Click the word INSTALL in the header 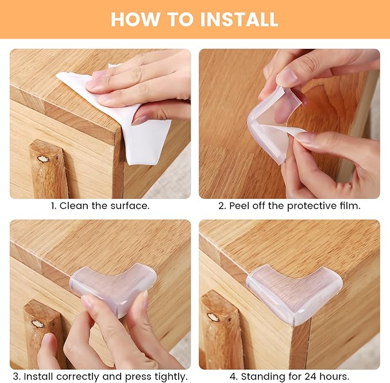pos(239,19)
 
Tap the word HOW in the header pos(136,19)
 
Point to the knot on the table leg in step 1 pos(43,159)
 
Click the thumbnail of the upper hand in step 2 pos(287,76)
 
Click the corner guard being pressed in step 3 pos(113,286)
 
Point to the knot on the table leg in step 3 pos(38,324)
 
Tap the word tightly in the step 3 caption pos(171,377)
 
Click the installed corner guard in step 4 pos(294,293)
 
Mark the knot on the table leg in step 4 pos(213,317)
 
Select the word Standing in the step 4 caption pos(263,377)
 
